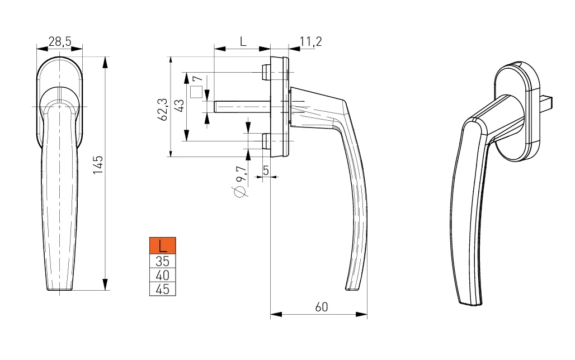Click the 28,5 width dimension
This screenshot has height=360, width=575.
(x=60, y=41)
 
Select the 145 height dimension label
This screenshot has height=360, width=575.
(x=98, y=165)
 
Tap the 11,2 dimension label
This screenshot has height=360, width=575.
(x=310, y=41)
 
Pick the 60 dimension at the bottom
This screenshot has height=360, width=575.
(x=321, y=307)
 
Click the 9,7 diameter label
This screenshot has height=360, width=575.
(x=241, y=174)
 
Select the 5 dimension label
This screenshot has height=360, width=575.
(x=266, y=170)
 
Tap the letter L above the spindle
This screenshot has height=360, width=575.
(x=243, y=41)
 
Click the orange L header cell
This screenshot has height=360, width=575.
(x=162, y=245)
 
